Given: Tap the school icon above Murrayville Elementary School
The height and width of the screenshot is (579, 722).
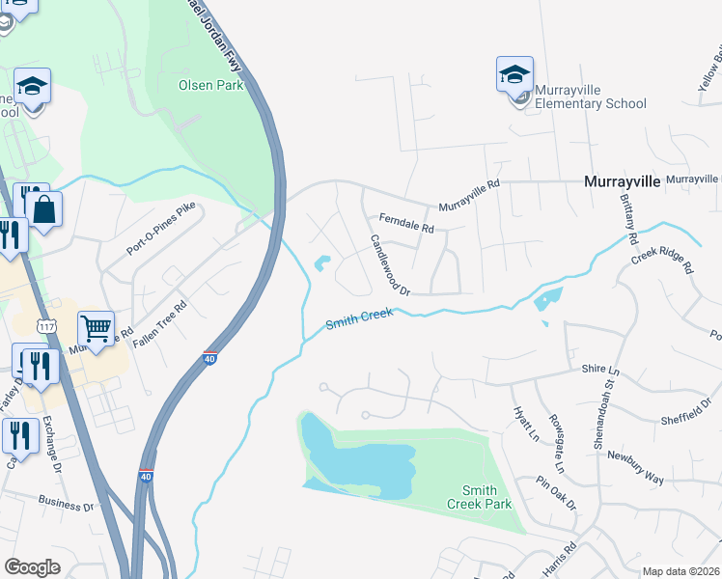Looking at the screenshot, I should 514,74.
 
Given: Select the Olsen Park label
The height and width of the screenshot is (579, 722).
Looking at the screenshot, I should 209,85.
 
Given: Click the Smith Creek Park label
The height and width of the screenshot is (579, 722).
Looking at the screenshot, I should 479,497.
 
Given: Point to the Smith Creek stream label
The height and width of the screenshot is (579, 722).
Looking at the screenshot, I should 359,320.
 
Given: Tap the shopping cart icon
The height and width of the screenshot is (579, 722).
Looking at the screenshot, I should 96,329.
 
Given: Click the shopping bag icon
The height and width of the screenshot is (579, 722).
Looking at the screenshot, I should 43,209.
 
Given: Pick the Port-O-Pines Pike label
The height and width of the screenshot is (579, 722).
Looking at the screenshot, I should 161,229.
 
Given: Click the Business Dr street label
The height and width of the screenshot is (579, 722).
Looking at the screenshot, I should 67,502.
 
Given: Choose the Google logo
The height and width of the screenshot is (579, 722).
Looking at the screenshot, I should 32,567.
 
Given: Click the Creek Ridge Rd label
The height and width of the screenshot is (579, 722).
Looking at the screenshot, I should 663,260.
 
